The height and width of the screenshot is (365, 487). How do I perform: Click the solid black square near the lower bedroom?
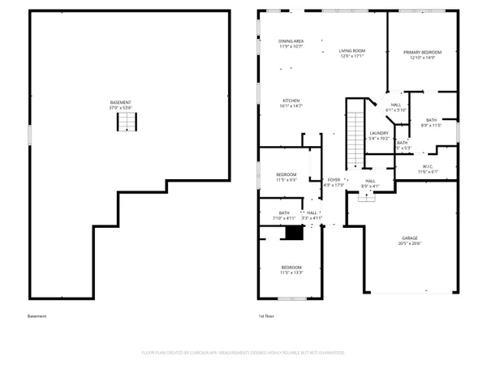[x=293, y=233]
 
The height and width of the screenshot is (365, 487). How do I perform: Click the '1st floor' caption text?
[x=267, y=317]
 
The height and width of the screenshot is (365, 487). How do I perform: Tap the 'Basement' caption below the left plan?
[x=37, y=317]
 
